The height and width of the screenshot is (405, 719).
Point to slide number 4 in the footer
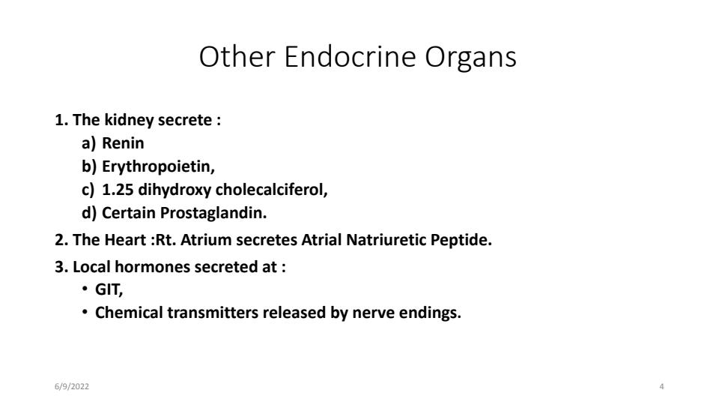661,386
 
